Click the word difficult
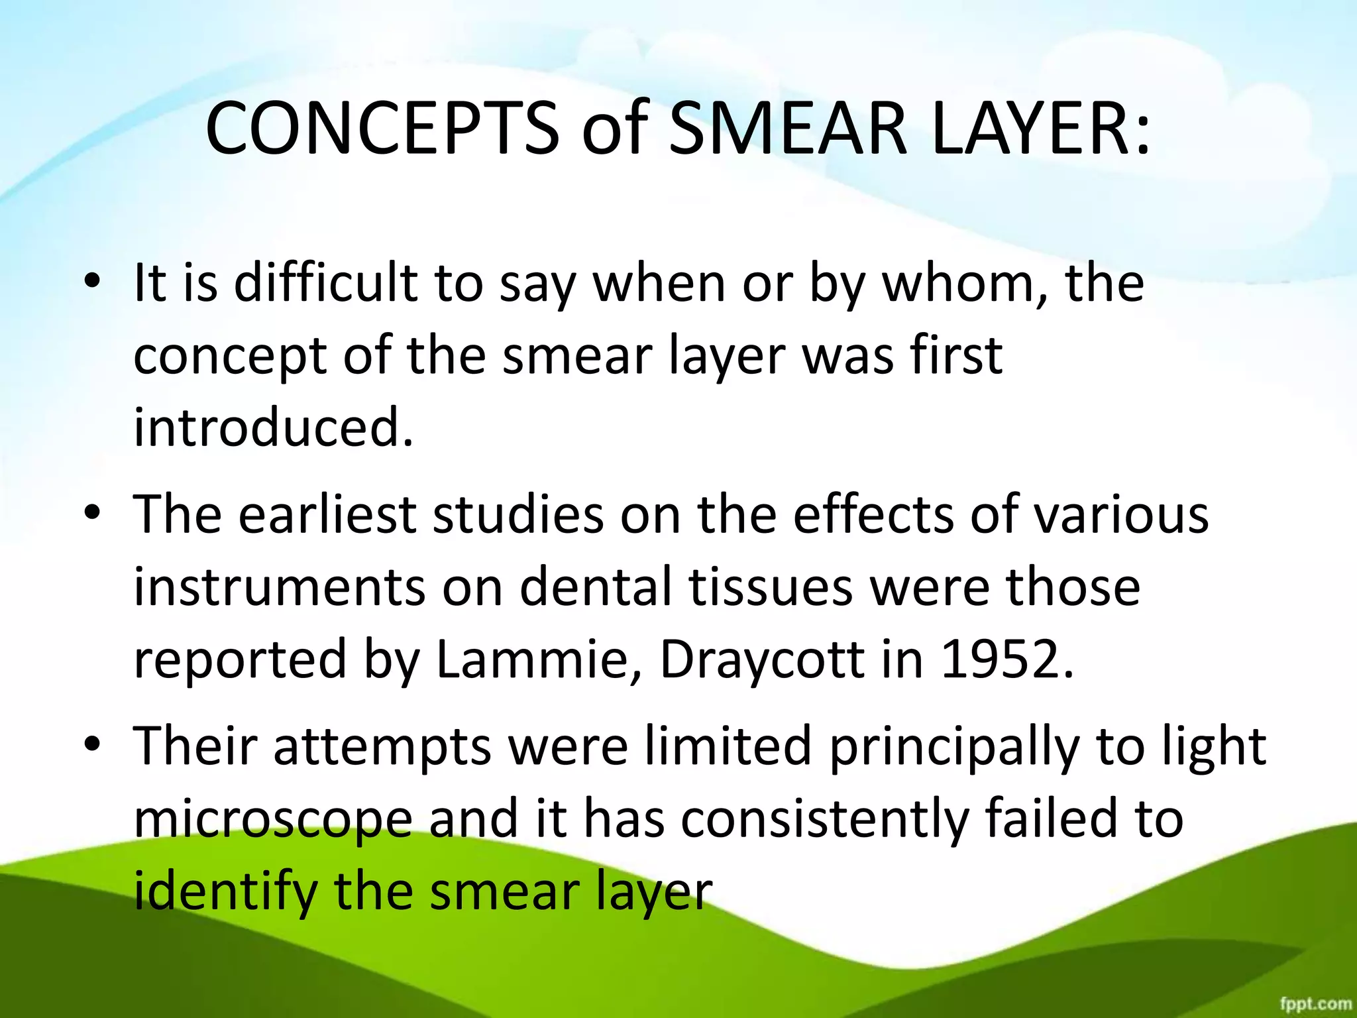coord(325,284)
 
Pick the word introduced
coord(273,427)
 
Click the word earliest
coord(327,515)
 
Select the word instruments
coord(279,587)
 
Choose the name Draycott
coord(762,660)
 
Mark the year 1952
coord(1006,660)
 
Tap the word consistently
coord(824,819)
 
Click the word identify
coord(225,892)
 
